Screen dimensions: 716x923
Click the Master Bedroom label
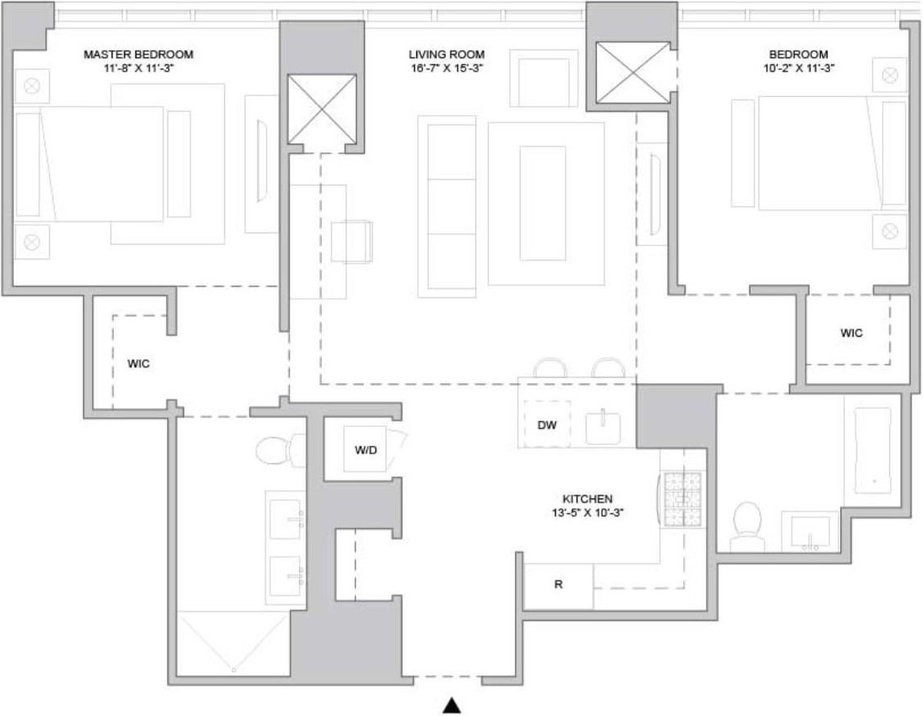[138, 54]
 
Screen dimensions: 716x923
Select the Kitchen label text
[587, 498]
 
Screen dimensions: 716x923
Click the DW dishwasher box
[547, 425]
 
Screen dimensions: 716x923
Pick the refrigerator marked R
[558, 586]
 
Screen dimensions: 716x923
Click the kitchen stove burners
[682, 498]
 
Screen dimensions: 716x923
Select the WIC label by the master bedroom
[139, 363]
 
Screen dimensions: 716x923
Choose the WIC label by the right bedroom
[852, 333]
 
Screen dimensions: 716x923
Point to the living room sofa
[447, 205]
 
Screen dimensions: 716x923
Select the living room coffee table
[545, 202]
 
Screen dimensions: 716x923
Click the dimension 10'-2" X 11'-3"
[792, 68]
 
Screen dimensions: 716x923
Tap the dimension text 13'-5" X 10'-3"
[587, 513]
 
